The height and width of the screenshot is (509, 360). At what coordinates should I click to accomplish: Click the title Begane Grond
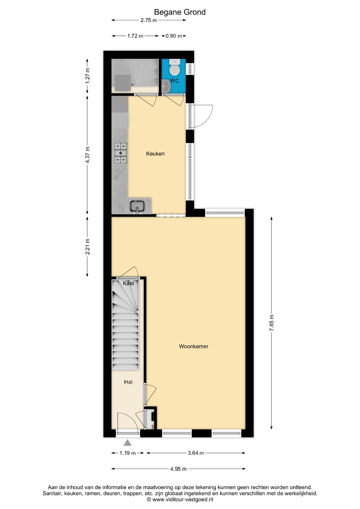pyautogui.click(x=180, y=12)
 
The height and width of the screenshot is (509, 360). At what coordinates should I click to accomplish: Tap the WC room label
pyautogui.click(x=174, y=81)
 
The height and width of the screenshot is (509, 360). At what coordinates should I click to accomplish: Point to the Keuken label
pyautogui.click(x=155, y=154)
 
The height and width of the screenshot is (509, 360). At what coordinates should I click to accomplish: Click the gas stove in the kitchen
pyautogui.click(x=121, y=153)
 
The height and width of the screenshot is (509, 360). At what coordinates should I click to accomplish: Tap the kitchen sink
pyautogui.click(x=137, y=206)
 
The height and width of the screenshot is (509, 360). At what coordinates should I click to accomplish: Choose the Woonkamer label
pyautogui.click(x=194, y=346)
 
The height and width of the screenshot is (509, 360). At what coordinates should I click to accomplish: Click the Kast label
pyautogui.click(x=129, y=283)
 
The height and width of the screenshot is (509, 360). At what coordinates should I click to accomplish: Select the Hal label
pyautogui.click(x=128, y=382)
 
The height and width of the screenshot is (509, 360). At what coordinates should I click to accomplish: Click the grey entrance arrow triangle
pyautogui.click(x=128, y=442)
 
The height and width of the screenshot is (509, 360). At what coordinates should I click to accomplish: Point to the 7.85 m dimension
pyautogui.click(x=272, y=323)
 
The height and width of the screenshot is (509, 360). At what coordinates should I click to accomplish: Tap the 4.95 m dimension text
pyautogui.click(x=178, y=469)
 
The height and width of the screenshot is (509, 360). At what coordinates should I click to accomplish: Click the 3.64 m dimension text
pyautogui.click(x=196, y=453)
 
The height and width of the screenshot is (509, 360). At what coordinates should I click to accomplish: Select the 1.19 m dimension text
pyautogui.click(x=128, y=453)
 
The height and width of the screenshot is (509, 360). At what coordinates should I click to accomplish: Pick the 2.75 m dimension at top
pyautogui.click(x=149, y=20)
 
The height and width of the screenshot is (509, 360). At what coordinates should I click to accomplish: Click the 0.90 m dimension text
pyautogui.click(x=174, y=36)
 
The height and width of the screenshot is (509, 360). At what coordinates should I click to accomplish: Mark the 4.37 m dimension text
pyautogui.click(x=87, y=155)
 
